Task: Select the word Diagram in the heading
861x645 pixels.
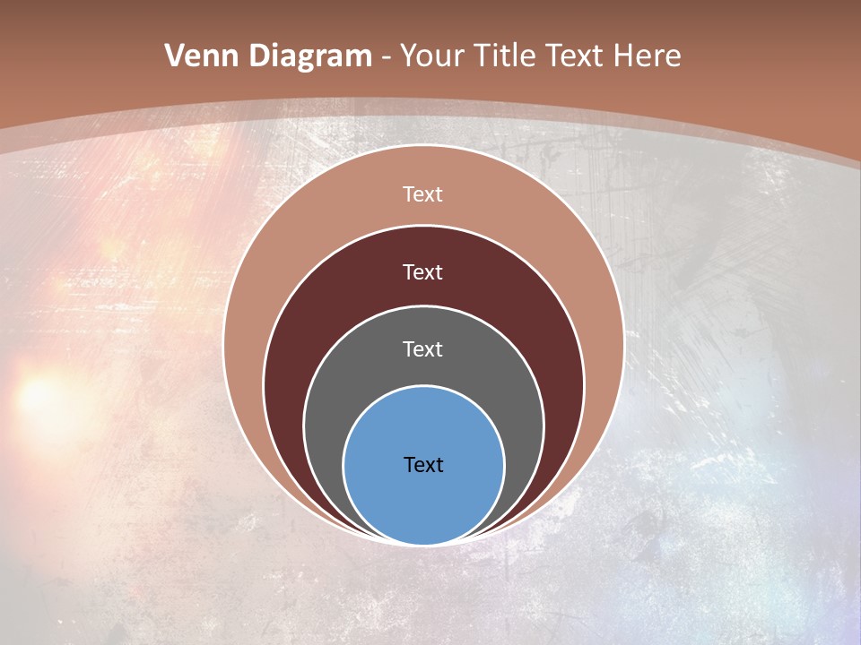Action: [x=310, y=56]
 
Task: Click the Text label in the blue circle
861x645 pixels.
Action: [x=423, y=465]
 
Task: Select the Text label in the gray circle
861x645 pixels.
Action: [x=423, y=349]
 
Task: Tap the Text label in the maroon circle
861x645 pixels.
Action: [x=423, y=272]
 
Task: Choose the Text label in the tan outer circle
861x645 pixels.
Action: [x=423, y=194]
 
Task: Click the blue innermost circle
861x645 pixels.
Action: [x=423, y=502]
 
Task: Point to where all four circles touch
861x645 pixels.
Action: [x=423, y=544]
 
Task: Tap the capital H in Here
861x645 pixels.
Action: [x=624, y=56]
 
